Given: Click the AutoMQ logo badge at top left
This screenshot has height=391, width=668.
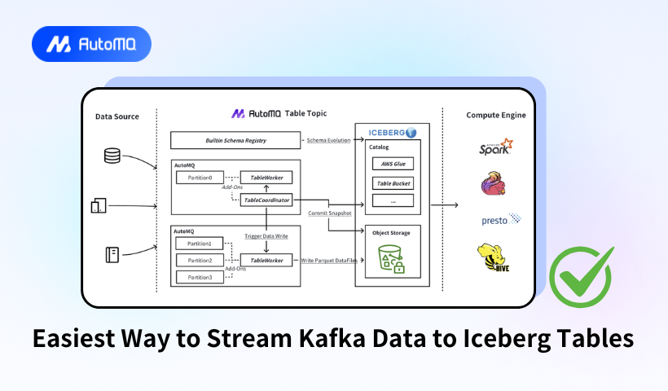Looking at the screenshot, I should click(91, 44).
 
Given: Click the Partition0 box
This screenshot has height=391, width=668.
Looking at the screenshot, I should click(200, 178).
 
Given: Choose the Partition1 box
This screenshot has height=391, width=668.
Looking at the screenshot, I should click(200, 243).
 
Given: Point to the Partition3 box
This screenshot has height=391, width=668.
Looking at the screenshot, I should click(200, 278).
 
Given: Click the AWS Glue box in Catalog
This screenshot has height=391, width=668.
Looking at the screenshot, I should click(393, 164).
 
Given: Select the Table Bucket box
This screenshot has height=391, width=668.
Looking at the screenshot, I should click(393, 183).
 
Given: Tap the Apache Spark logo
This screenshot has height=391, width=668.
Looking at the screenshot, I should click(496, 148).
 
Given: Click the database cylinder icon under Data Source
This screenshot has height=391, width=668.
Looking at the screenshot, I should click(112, 156).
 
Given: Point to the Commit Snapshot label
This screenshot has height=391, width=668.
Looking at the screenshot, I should click(329, 213).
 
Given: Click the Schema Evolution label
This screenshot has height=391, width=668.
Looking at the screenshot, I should click(328, 141).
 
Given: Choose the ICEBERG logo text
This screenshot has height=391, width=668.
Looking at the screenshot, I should click(386, 132).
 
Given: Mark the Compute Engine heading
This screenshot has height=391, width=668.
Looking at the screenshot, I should click(495, 116).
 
